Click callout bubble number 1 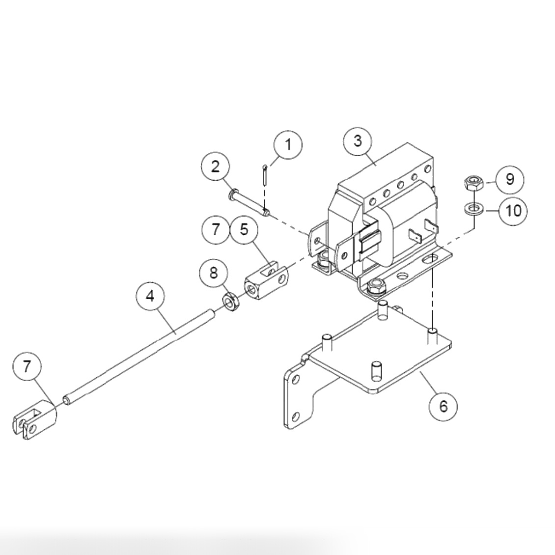pyautogui.click(x=288, y=145)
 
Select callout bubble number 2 pyautogui.click(x=216, y=166)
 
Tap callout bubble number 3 pyautogui.click(x=358, y=141)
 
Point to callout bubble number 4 pyautogui.click(x=150, y=296)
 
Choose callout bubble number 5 pyautogui.click(x=245, y=229)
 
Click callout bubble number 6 pyautogui.click(x=443, y=406)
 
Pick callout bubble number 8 pyautogui.click(x=214, y=273)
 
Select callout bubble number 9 pyautogui.click(x=509, y=179)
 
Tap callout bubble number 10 pyautogui.click(x=513, y=211)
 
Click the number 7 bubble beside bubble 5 pyautogui.click(x=216, y=229)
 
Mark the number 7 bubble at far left pyautogui.click(x=27, y=366)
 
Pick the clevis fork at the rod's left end pyautogui.click(x=33, y=419)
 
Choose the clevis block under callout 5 pyautogui.click(x=267, y=283)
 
